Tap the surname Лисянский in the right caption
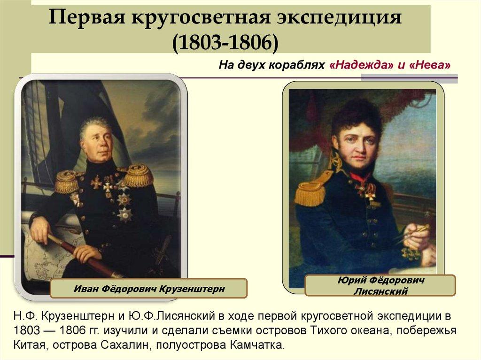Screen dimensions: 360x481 coord(380,291)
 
